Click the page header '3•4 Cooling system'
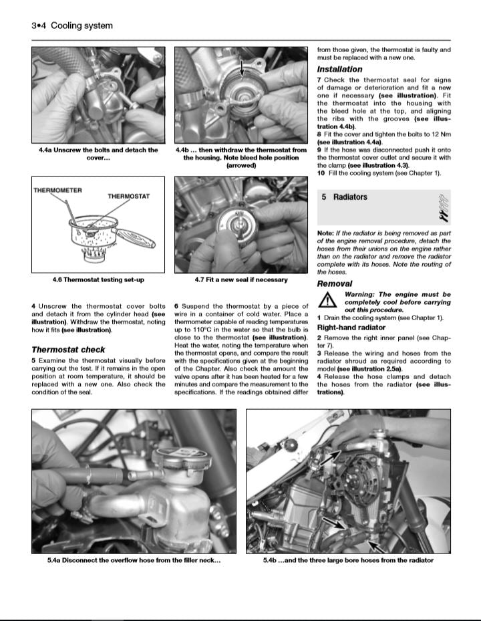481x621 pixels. (x=71, y=26)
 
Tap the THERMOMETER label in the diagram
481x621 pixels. (x=57, y=191)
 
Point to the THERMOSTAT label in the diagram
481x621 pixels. (x=129, y=197)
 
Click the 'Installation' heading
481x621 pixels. (x=339, y=70)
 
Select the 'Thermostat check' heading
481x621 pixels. (x=68, y=350)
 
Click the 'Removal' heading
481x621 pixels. (x=334, y=283)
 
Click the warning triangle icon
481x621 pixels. (x=327, y=301)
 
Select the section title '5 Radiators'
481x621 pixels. (x=344, y=197)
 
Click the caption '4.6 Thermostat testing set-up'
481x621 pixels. (x=98, y=279)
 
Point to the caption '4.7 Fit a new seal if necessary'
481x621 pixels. (x=240, y=279)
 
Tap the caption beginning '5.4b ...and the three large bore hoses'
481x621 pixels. (x=348, y=560)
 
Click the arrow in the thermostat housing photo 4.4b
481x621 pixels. (x=241, y=67)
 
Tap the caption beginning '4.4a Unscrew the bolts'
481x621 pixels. (x=98, y=154)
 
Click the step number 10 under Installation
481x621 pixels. (x=321, y=174)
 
